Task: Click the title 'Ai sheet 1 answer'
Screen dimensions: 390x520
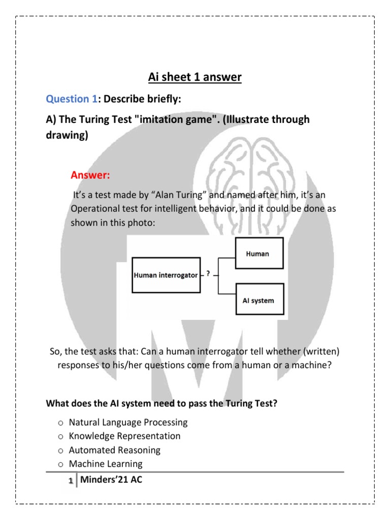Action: pos(195,77)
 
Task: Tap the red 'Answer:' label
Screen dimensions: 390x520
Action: pos(90,176)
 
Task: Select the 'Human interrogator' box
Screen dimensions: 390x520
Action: pos(166,275)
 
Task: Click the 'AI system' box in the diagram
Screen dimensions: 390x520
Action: pos(258,300)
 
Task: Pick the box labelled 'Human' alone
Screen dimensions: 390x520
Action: pos(258,253)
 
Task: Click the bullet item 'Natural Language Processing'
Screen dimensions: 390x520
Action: pos(128,422)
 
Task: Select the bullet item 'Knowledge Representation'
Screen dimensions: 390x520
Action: pos(124,436)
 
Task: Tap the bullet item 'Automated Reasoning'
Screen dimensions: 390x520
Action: pos(114,450)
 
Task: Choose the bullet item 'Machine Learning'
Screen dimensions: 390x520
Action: pos(106,464)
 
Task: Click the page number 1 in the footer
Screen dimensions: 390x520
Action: pos(71,479)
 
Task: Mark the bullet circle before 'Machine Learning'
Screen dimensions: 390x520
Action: pos(60,464)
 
